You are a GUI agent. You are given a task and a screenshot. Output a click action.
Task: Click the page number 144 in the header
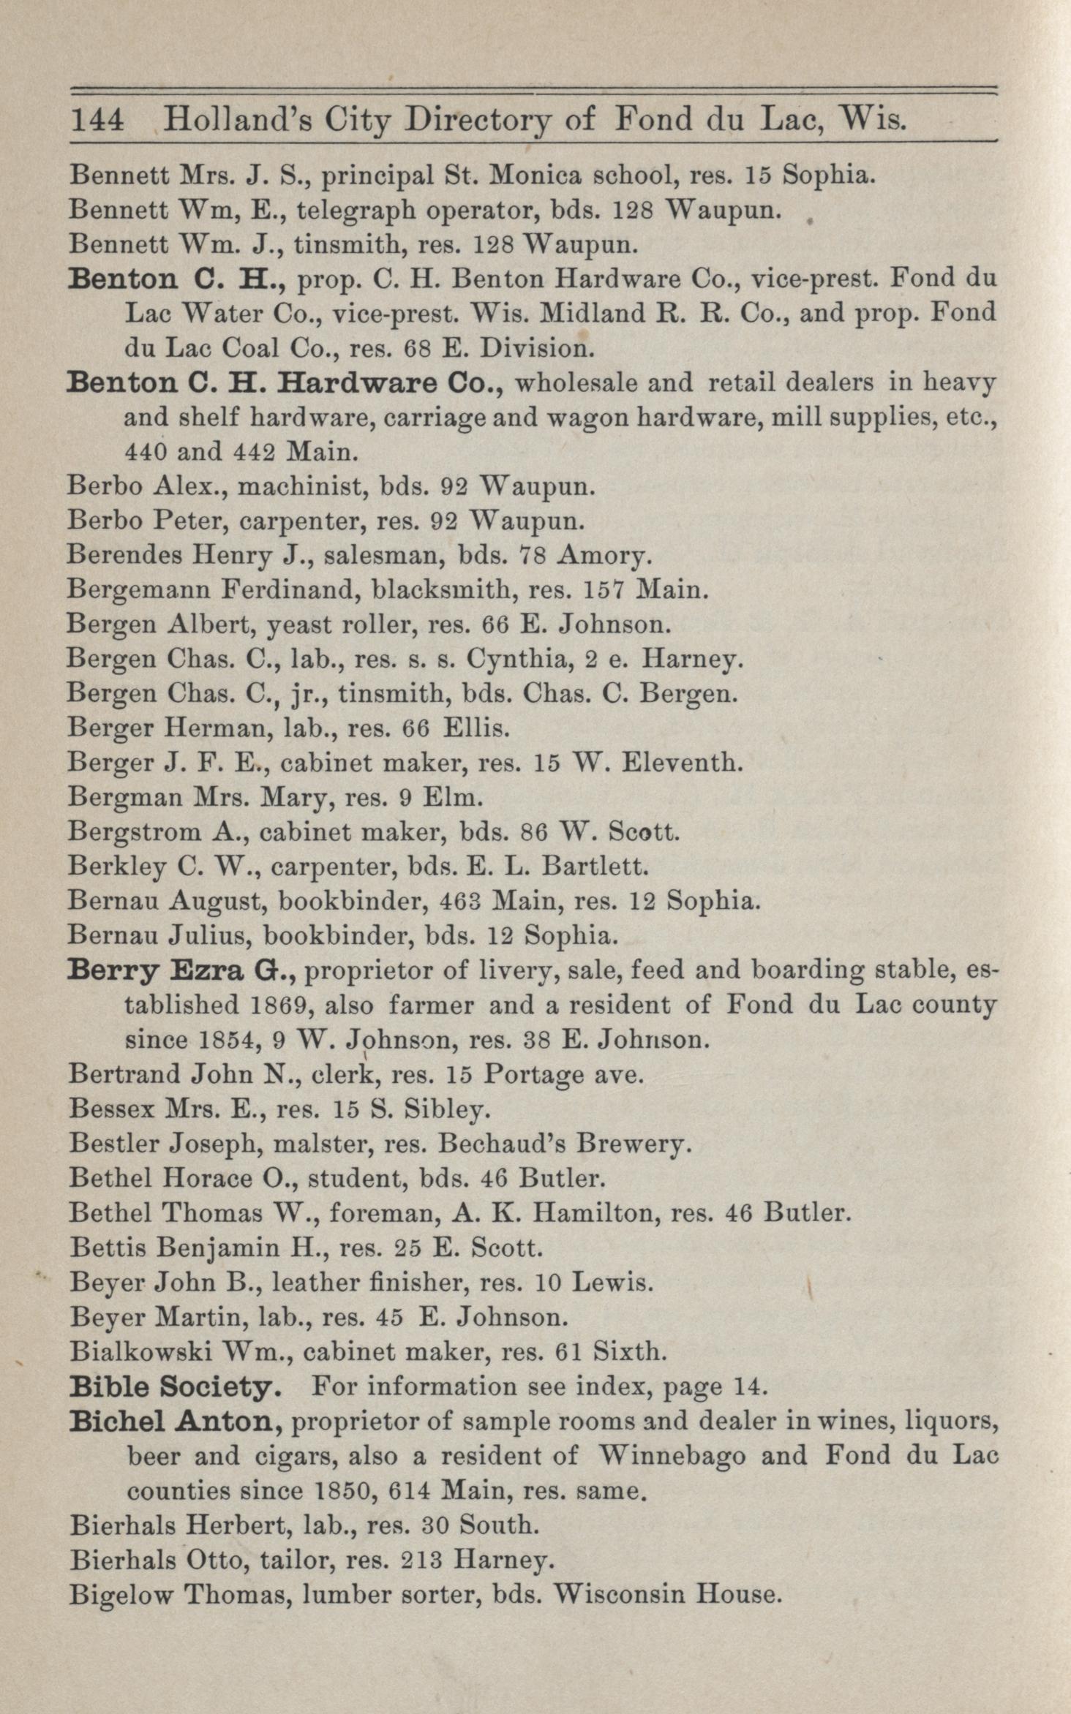[97, 119]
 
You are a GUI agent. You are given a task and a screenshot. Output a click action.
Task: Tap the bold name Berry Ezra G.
[180, 971]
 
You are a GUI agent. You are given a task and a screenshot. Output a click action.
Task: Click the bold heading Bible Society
[175, 1387]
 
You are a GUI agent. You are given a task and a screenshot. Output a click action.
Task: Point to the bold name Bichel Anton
[176, 1422]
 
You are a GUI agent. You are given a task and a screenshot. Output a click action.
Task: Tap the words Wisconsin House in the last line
[665, 1593]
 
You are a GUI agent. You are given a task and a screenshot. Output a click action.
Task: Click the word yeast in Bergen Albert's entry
[296, 625]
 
